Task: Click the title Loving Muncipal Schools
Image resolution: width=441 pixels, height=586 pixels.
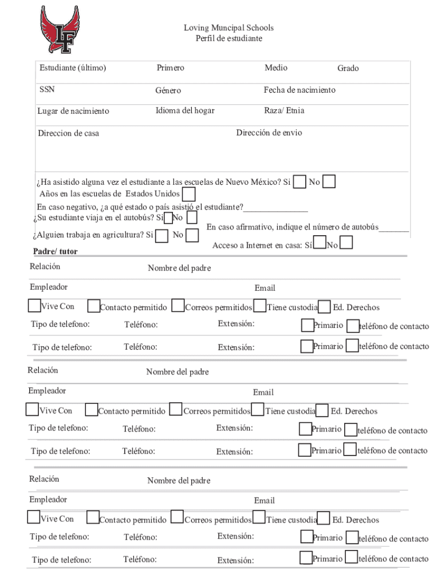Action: pos(228,27)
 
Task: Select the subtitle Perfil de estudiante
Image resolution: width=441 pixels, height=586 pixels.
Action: pos(229,38)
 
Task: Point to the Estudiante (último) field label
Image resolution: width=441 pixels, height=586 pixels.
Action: pos(73,68)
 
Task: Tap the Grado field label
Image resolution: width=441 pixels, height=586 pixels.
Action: pos(348,69)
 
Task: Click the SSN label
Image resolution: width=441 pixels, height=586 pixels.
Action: pos(47,90)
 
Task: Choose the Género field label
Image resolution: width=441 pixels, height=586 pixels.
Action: pos(168,91)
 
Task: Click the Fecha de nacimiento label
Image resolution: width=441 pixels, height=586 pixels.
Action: pos(300,90)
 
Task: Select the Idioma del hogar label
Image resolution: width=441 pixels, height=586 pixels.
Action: pos(185,110)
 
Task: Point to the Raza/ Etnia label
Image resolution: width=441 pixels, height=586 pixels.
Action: pos(284,110)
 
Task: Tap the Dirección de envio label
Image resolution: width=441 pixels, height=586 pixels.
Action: pos(269,133)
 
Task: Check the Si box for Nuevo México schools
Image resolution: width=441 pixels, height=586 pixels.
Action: pos(300,183)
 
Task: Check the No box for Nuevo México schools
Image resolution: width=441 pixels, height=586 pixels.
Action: pos(329,183)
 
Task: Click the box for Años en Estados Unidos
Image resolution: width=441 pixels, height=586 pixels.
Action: pos(188,195)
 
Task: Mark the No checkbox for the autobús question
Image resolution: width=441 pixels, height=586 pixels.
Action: pos(192,218)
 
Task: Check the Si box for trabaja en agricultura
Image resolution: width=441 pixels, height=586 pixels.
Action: pos(162,235)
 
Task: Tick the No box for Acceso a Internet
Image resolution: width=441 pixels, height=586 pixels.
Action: pos(346,244)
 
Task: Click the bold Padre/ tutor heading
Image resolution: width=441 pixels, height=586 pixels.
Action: pos(56,251)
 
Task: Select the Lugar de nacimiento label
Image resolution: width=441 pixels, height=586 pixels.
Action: pos(73,111)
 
